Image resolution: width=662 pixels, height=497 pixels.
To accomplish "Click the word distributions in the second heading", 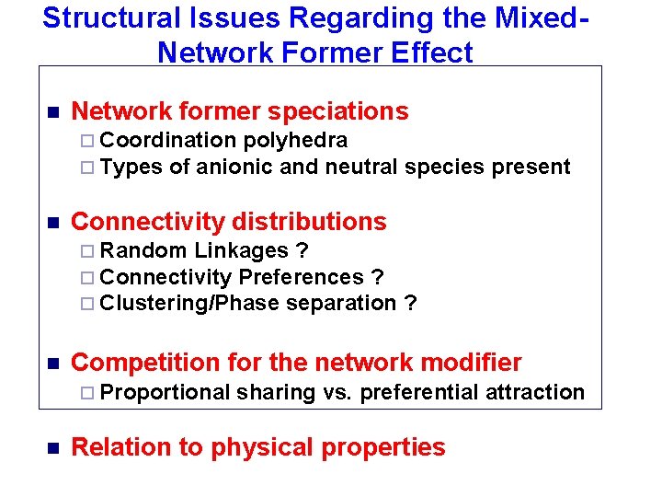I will [x=311, y=222].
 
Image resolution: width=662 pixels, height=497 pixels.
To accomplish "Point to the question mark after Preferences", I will [x=377, y=277].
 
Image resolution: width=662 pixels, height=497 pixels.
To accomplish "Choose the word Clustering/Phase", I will [x=189, y=303].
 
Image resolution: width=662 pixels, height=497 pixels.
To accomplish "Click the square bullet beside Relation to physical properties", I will [x=52, y=448].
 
